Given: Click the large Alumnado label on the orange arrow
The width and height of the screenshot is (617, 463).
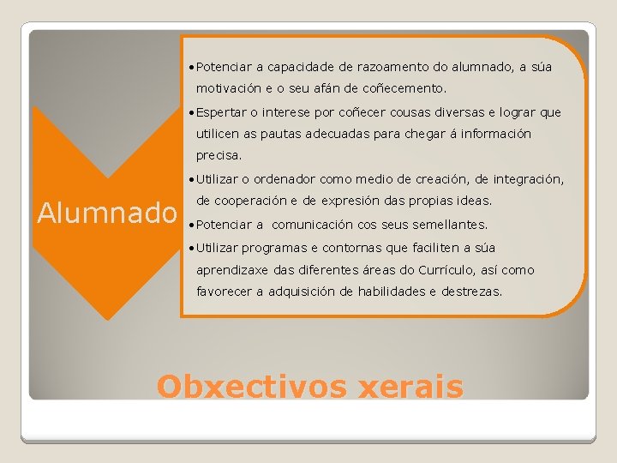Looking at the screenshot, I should pos(105,212).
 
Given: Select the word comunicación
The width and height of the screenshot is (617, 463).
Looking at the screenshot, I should pos(323,225).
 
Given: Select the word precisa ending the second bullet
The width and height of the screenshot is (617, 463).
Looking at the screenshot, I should pos(219,156).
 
